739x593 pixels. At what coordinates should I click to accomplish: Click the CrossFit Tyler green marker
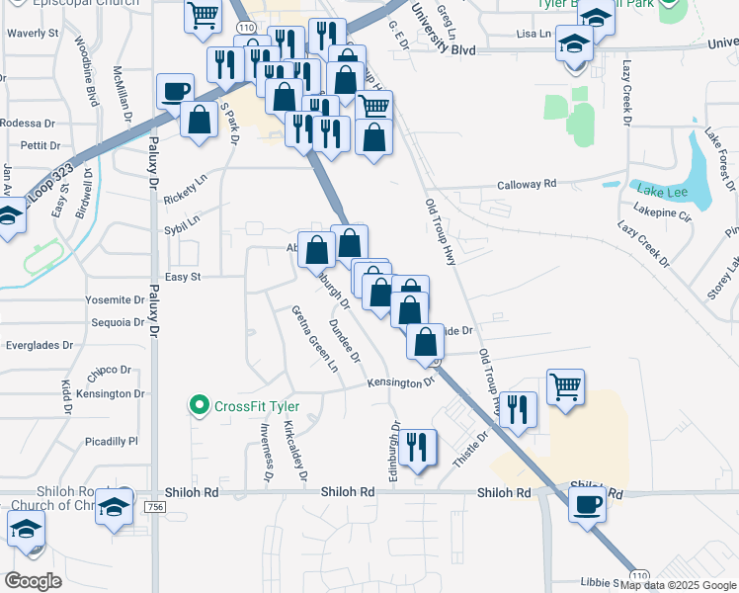pyautogui.click(x=199, y=405)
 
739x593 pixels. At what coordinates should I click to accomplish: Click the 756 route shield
pyautogui.click(x=154, y=507)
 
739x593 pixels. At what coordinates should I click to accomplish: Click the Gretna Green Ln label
pyautogui.click(x=314, y=338)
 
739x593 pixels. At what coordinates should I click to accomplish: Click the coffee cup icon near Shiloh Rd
pyautogui.click(x=589, y=502)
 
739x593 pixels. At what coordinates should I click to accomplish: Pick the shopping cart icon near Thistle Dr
pyautogui.click(x=565, y=387)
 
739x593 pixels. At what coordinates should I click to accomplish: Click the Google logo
pyautogui.click(x=34, y=580)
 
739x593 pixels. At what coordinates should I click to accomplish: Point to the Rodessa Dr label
pyautogui.click(x=28, y=124)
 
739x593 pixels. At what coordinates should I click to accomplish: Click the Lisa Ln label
pyautogui.click(x=532, y=34)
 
